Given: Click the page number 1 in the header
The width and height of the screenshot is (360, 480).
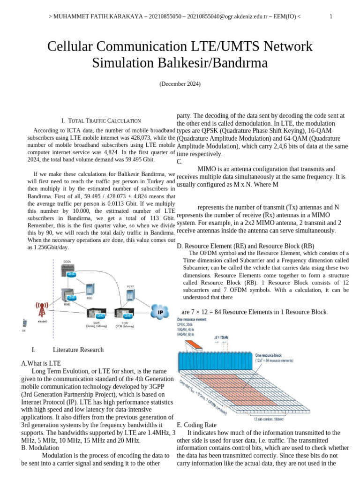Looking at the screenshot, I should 331,17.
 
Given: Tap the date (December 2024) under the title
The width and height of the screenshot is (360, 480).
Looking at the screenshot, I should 180,84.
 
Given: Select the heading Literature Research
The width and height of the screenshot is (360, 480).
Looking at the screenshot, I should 78,350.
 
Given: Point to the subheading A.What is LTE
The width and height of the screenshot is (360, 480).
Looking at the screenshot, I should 41,363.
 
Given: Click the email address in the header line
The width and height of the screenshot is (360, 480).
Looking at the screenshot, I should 232,17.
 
